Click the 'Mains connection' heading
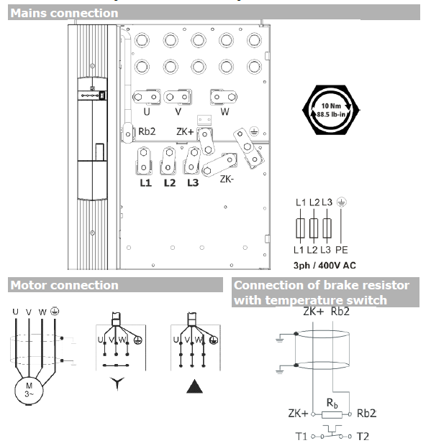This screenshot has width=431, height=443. (x=65, y=13)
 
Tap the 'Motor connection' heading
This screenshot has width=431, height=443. (x=64, y=285)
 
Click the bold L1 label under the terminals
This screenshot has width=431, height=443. (x=145, y=183)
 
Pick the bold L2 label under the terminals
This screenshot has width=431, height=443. (x=170, y=183)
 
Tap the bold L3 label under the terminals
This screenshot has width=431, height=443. (x=192, y=183)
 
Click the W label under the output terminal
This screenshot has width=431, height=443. (x=224, y=112)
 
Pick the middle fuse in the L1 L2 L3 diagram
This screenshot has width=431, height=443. (x=315, y=228)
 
